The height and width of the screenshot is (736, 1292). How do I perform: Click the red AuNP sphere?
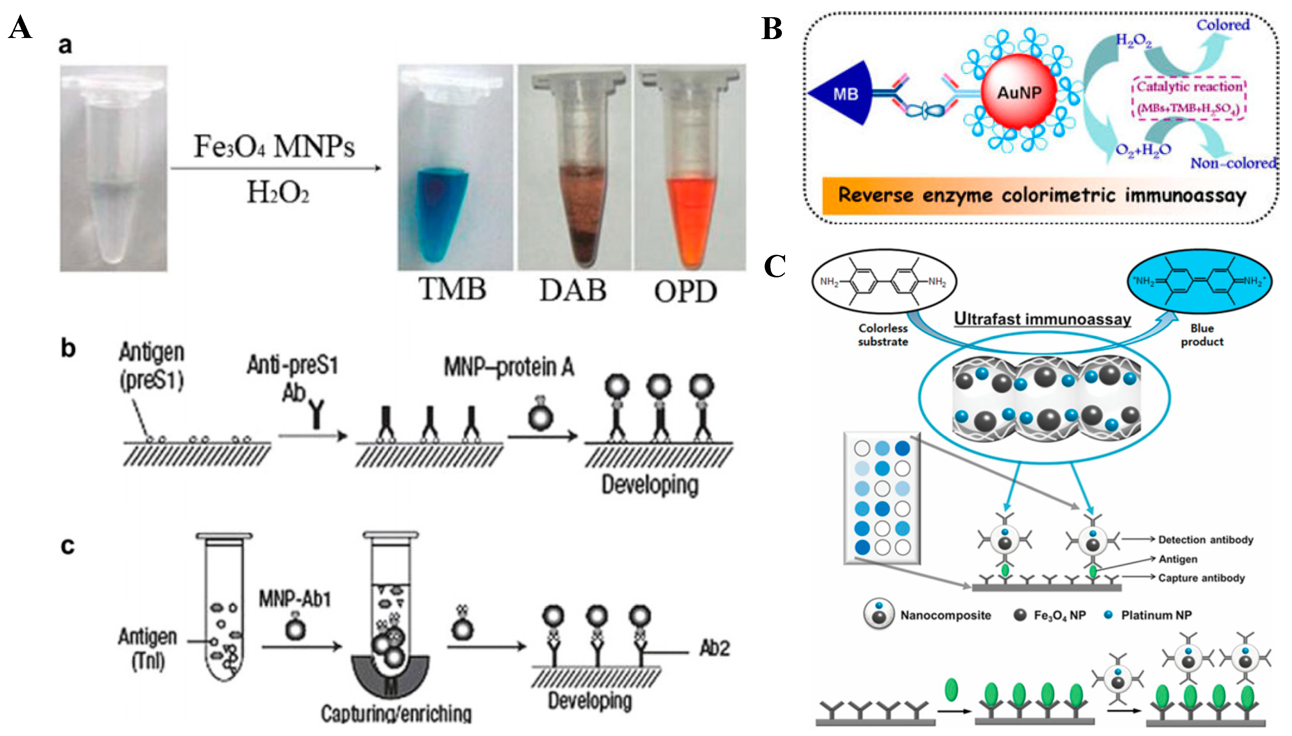1018,92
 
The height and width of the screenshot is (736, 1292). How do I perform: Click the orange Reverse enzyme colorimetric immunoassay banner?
1042,195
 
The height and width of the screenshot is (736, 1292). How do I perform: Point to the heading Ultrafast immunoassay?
1042,319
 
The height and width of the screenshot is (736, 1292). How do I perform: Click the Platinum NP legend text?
1156,615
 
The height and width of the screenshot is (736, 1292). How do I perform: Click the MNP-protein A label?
509,368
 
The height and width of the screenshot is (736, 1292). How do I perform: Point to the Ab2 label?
714,649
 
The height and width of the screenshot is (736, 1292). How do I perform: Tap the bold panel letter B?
772,29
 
